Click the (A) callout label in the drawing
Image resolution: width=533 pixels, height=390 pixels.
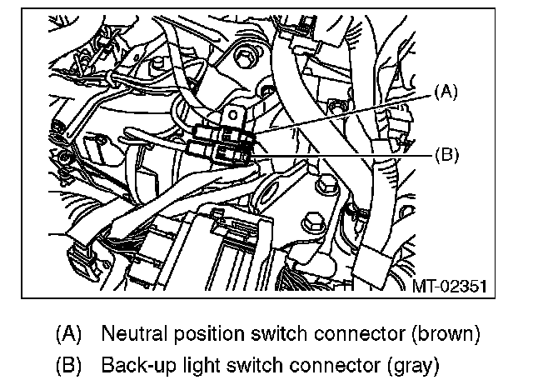point(446,93)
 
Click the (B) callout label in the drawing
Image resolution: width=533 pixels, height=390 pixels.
point(446,154)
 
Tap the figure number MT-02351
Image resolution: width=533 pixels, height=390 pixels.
point(450,286)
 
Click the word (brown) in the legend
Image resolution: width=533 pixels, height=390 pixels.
point(439,334)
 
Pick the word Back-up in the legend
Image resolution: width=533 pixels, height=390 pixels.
point(132,364)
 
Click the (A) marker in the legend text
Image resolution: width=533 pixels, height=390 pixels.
point(68,334)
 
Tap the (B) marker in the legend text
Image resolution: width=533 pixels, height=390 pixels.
point(68,364)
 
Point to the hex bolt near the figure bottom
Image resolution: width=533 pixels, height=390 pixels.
point(311,222)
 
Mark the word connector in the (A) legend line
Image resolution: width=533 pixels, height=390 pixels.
point(339,334)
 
